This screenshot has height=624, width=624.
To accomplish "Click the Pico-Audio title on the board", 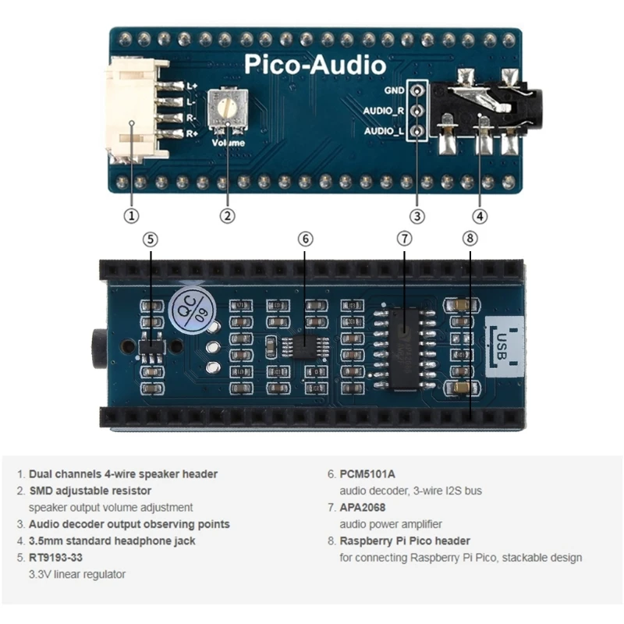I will [x=314, y=65].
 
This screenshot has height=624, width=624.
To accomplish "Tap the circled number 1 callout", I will [x=132, y=215].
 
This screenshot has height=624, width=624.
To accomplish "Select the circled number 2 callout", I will [x=228, y=215].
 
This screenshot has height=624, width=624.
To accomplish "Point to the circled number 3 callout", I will [x=418, y=215].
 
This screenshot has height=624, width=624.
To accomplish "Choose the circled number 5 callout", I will [x=151, y=239].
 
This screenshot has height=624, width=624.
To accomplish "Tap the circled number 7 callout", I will [x=404, y=239].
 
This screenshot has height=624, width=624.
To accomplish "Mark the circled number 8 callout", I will [x=470, y=239].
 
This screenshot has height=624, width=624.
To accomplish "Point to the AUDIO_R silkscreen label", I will [x=384, y=111].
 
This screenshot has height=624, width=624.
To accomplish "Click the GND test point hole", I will [x=418, y=90].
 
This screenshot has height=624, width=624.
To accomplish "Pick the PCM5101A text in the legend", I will [x=367, y=473].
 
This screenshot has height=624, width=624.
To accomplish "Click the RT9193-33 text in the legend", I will [x=55, y=558].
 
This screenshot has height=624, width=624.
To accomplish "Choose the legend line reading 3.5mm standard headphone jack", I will [x=112, y=541].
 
